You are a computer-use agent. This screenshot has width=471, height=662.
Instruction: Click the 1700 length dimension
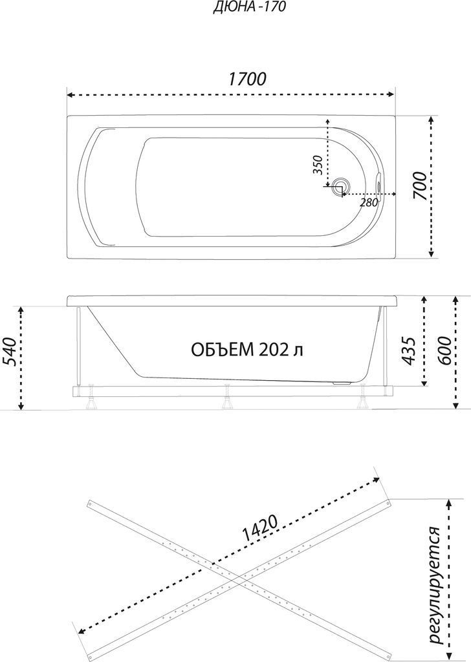(247, 79)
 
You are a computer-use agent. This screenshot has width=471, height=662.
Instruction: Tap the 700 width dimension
(419, 186)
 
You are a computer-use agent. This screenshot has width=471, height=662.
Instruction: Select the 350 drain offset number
(318, 165)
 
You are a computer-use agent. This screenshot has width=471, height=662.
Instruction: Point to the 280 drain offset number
(369, 202)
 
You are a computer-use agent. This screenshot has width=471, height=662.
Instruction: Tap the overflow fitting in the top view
(378, 184)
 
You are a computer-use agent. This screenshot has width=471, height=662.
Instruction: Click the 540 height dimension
(10, 352)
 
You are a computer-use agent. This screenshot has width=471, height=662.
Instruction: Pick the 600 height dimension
(444, 351)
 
